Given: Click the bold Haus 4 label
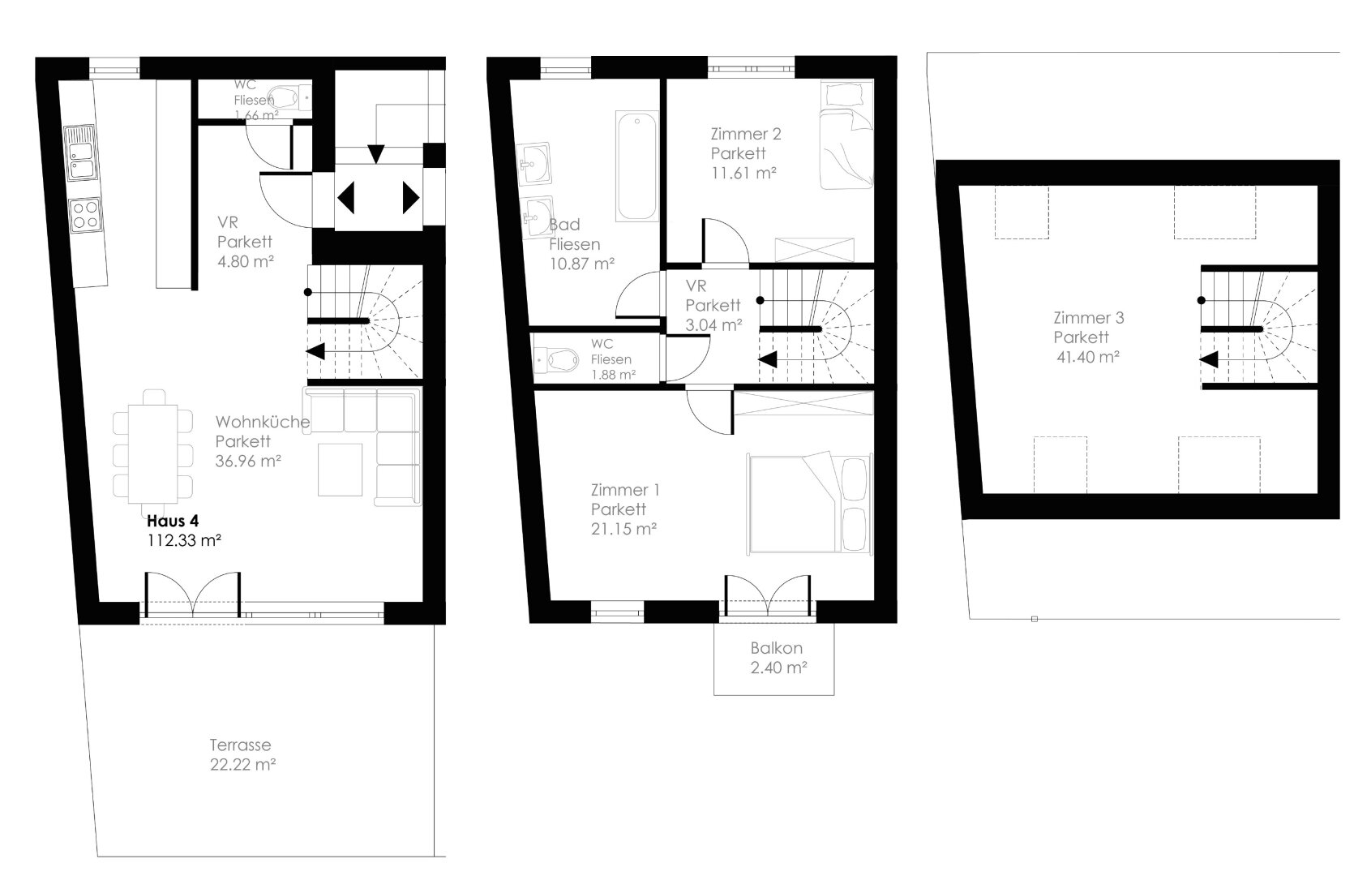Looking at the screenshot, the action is point(172,521).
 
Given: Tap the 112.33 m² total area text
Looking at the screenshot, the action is point(184,540).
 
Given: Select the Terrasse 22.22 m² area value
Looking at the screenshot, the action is point(243,765).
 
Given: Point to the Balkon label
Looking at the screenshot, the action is point(777,648).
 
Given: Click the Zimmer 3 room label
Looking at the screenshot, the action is point(1089,318).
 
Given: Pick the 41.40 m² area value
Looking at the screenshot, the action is point(1088,357).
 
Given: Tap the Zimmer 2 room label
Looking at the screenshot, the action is point(746,134).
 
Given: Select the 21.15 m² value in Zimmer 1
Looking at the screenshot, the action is point(623,529).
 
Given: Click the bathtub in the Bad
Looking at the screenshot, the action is point(637,165).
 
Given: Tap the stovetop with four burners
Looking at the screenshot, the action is point(85,215).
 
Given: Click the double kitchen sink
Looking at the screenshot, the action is point(80,153).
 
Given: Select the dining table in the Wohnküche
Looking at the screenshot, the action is point(153,453).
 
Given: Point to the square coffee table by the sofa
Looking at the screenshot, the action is point(341,470).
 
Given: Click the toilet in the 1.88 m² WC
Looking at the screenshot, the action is point(557,360).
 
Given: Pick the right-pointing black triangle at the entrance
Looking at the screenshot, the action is point(411,198).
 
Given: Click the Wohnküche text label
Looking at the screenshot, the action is point(263,422).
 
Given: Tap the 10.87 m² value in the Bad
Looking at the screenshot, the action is point(582,264).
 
